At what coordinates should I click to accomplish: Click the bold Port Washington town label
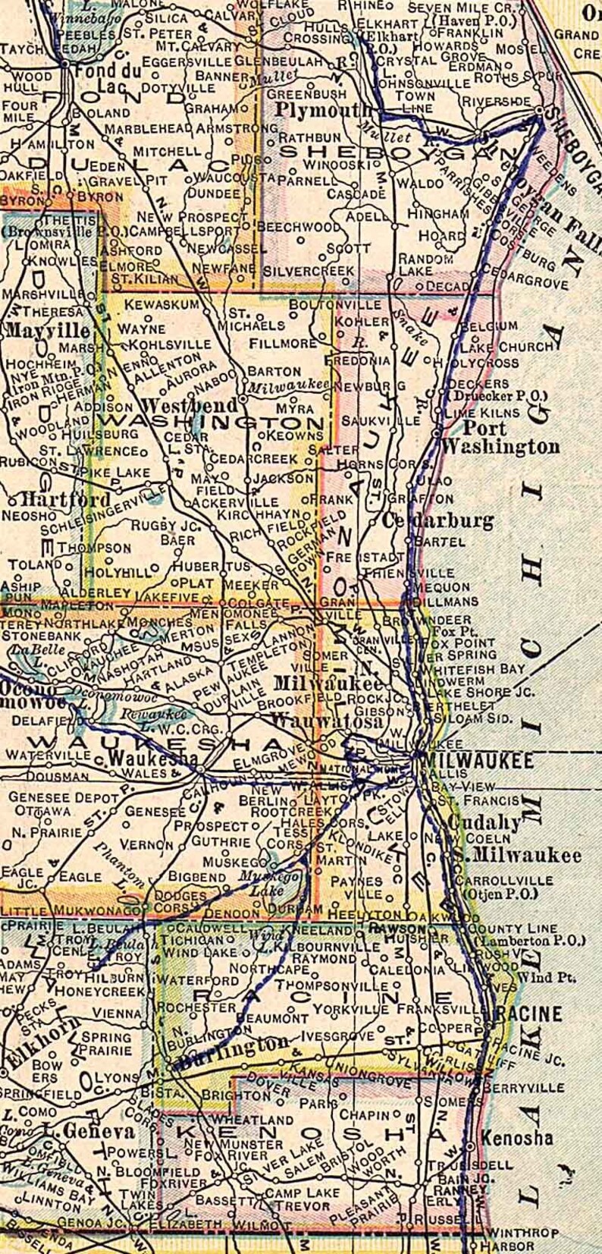(x=500, y=438)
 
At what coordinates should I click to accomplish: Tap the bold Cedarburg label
(x=438, y=521)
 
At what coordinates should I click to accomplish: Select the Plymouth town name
(x=313, y=111)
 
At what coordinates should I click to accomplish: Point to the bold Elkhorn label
(x=30, y=1032)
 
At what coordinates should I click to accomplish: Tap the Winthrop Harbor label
(x=513, y=1239)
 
